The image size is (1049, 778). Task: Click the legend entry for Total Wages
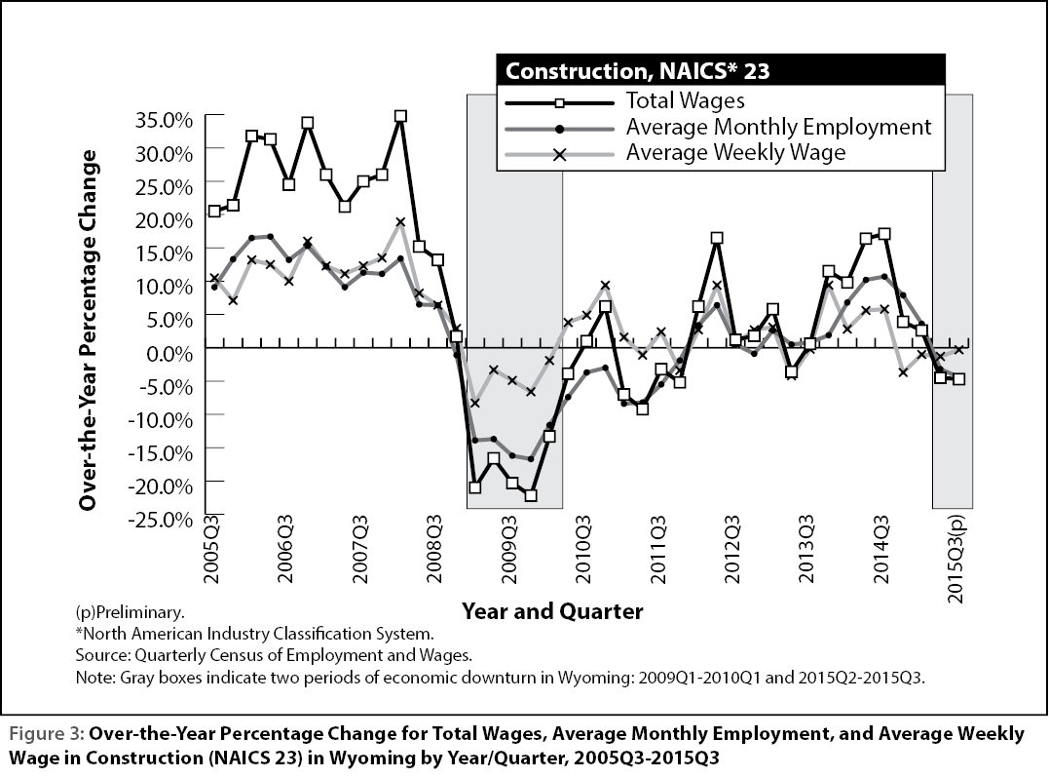point(685,100)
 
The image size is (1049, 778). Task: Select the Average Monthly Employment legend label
point(779,127)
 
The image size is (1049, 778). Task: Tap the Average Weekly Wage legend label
point(736,152)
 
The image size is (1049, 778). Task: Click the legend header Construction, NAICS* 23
point(637,71)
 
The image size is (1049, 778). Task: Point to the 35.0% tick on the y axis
point(164,121)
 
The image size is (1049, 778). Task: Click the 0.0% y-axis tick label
point(169,354)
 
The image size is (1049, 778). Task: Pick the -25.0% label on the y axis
point(160,520)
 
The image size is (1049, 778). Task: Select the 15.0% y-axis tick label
point(164,253)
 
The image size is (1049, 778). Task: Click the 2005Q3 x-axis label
point(211,548)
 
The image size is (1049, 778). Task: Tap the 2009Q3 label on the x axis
point(509,548)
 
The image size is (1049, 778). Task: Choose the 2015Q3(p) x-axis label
point(956,558)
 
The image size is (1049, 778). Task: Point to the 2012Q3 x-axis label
point(732,548)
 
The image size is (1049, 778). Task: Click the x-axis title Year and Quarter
point(552,610)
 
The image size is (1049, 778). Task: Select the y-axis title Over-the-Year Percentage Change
point(89,331)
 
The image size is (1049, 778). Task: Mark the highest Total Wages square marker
point(400,116)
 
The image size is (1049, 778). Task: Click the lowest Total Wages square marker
point(531,496)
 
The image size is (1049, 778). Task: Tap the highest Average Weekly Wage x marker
point(400,222)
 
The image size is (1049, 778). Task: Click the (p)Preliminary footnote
point(130,612)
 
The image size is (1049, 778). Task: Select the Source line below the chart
point(275,655)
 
